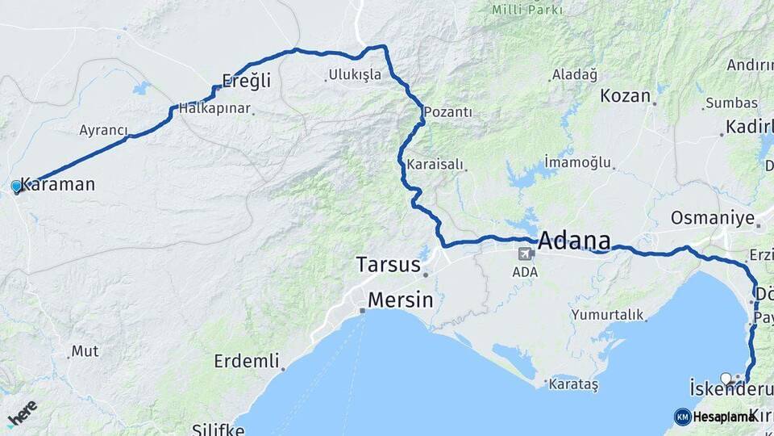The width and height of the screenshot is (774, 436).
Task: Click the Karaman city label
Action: pos(57,184)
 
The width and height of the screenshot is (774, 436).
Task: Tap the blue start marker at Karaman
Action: pos(16,187)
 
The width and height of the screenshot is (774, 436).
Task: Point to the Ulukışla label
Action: pos(355,75)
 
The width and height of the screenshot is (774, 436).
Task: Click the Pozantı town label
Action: pos(448,112)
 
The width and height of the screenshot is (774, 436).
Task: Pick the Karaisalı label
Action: pos(435,165)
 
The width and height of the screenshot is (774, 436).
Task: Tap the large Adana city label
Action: pos(574,241)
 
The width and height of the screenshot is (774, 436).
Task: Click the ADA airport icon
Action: pos(526,254)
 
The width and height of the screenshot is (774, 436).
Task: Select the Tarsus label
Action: pos(389,265)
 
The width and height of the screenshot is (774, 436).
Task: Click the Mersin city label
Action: pos(400,300)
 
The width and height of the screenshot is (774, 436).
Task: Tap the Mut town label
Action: pos(85,351)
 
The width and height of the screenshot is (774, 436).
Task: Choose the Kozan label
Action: pos(625,95)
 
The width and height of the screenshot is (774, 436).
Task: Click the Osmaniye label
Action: pos(713,218)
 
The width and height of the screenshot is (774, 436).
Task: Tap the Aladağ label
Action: pos(574,75)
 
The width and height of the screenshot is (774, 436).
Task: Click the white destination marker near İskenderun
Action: pos(726,378)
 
